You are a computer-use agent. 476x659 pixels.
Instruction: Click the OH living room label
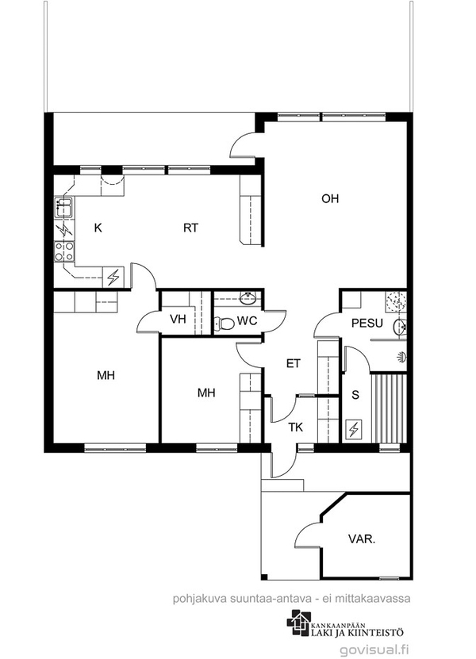[330, 198]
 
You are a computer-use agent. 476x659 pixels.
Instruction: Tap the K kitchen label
[98, 228]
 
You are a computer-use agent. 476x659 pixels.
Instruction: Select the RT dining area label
[190, 228]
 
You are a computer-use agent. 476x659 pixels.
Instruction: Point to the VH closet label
[178, 319]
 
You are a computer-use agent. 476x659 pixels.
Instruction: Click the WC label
[247, 320]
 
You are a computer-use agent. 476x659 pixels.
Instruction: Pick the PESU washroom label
[367, 324]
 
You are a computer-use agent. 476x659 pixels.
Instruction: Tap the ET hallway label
[293, 363]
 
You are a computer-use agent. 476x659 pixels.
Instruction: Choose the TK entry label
[296, 427]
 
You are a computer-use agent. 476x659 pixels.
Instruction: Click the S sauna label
[355, 395]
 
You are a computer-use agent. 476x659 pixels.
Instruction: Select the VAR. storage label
[362, 539]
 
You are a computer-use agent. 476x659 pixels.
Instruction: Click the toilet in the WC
[225, 324]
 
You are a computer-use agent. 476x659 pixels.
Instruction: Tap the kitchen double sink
[64, 207]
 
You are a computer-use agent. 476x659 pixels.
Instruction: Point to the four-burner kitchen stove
[64, 251]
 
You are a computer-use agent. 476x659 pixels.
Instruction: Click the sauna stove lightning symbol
[354, 429]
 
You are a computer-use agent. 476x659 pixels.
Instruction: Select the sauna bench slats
[389, 408]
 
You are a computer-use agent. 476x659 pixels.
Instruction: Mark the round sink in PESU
[401, 327]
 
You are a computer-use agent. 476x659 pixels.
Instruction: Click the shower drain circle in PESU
[396, 301]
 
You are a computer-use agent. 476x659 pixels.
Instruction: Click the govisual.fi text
[374, 649]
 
